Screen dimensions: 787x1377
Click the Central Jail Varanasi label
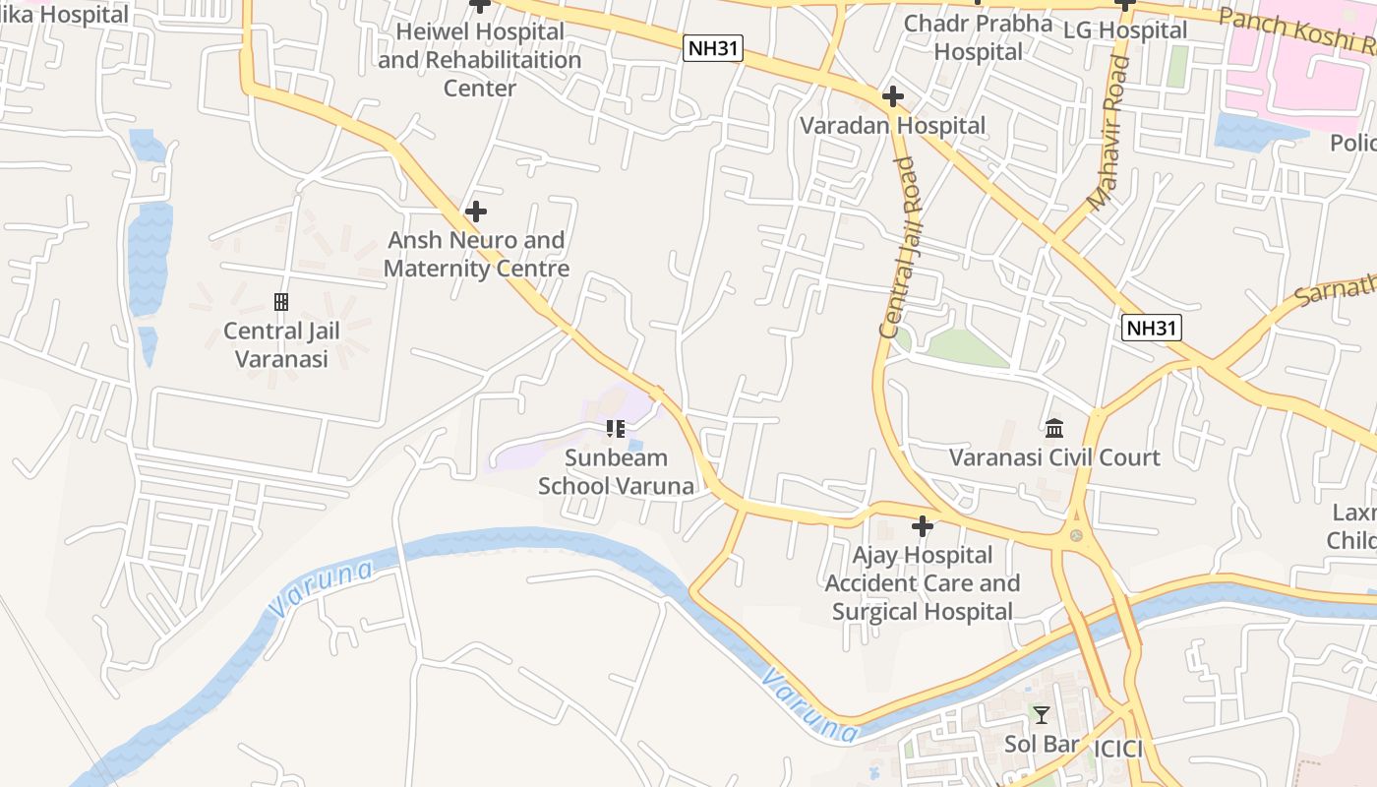[281, 344]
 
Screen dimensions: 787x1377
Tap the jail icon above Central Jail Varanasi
[281, 301]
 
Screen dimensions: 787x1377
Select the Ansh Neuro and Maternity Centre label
[476, 254]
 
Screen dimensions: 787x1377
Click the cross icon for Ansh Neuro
[476, 212]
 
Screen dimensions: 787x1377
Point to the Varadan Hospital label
[892, 125]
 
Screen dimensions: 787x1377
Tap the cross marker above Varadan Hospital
[892, 96]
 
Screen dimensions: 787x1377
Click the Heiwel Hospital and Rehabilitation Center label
[479, 59]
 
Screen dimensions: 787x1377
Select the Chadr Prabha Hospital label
[978, 36]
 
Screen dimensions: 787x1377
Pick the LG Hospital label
[1125, 30]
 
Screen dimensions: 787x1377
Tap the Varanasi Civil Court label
[1054, 457]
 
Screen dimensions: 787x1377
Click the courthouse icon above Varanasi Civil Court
[1054, 428]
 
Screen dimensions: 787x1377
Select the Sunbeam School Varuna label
[616, 471]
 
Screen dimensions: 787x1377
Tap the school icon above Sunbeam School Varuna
[616, 429]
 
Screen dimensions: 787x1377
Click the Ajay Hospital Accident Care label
[922, 582]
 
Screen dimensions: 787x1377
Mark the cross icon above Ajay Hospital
[922, 526]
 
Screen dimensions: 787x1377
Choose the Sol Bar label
[1041, 744]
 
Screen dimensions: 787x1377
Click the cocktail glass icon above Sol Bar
[1041, 715]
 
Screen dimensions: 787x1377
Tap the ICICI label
[1118, 749]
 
